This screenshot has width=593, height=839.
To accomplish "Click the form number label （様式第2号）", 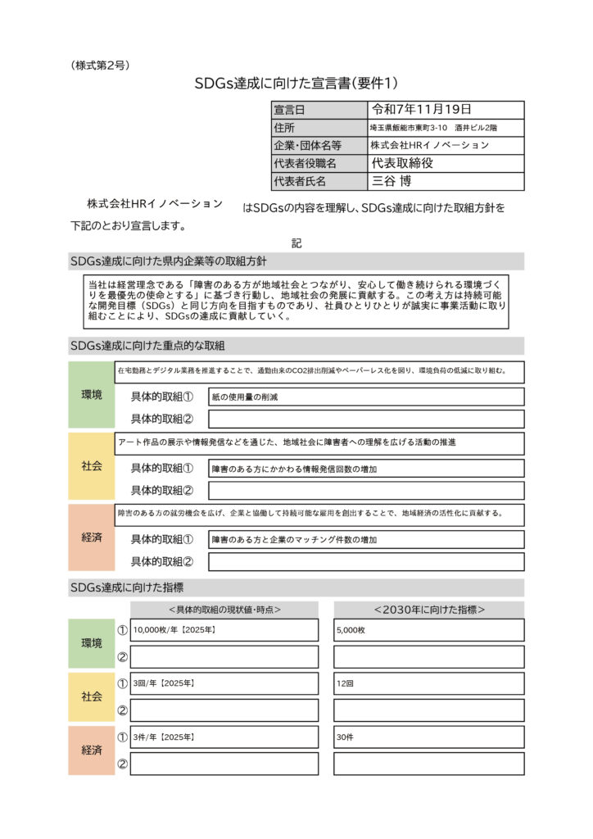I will click(100, 65).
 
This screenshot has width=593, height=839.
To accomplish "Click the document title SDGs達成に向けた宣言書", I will click(296, 83).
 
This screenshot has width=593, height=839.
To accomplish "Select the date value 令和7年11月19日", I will click(422, 110).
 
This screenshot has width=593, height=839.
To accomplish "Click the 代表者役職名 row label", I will click(305, 163).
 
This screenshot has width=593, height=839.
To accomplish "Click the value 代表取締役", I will click(402, 163).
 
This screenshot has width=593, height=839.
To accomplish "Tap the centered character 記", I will click(296, 243).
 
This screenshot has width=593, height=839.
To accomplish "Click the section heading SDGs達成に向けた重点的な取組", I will click(147, 346).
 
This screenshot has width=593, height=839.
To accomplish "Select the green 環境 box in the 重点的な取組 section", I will click(92, 395).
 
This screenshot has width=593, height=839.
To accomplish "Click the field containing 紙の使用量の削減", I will click(366, 397).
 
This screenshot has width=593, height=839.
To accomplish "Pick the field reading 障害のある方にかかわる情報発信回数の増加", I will click(366, 469).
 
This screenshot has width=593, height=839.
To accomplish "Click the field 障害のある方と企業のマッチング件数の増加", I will click(366, 540).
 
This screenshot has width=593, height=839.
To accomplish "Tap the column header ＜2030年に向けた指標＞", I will click(428, 610).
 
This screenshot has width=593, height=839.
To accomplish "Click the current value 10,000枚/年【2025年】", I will click(224, 630).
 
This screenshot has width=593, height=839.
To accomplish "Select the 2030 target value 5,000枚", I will click(428, 630).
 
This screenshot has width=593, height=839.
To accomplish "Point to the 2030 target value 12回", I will click(428, 683).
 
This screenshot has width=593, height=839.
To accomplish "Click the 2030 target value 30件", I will click(428, 737).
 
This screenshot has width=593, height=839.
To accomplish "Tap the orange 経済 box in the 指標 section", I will click(92, 750).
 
